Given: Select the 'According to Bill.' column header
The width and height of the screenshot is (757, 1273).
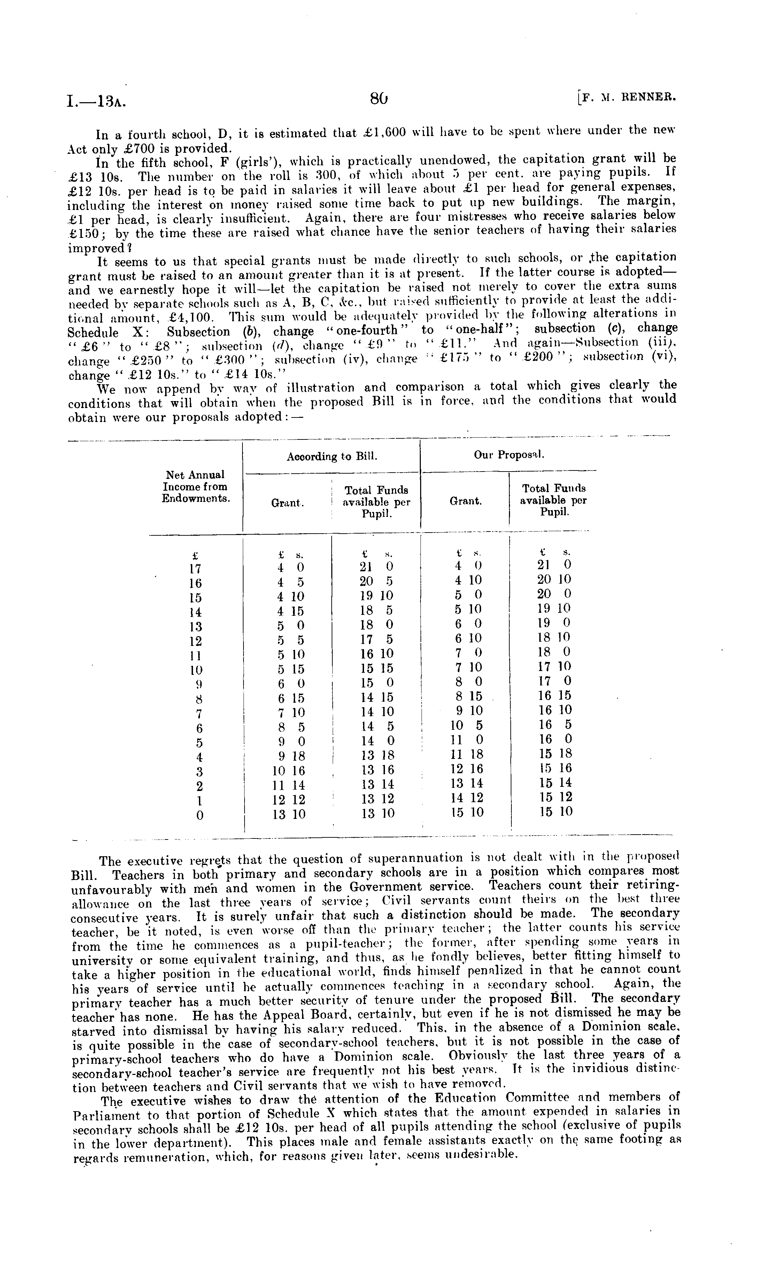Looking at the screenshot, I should pos(332,456).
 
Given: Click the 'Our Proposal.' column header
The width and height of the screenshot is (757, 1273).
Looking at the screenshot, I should pos(509,454).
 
